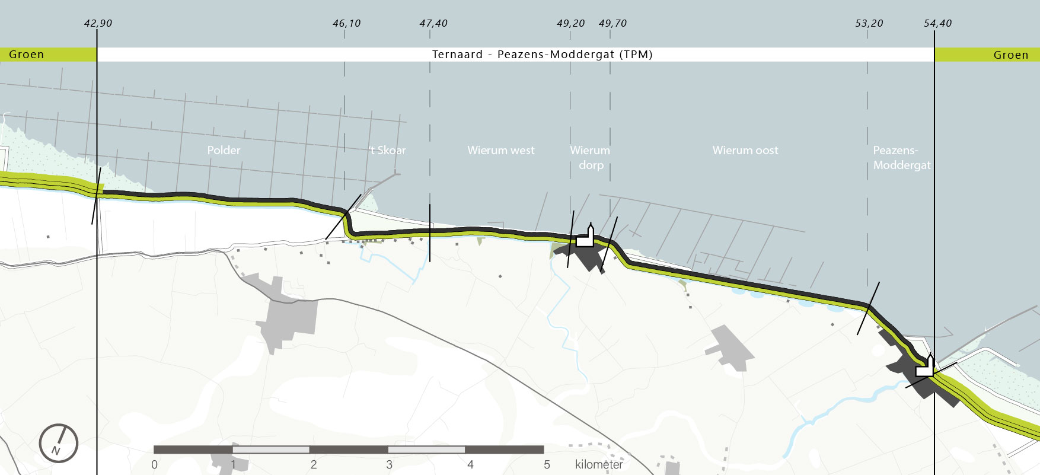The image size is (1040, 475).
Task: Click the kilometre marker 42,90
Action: pos(98,24)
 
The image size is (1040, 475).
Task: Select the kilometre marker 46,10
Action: pos(346,24)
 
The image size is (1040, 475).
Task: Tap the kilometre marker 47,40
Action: pos(433,24)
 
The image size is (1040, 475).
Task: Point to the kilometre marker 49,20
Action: pos(570,24)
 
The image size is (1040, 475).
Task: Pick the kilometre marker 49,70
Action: pos(612,24)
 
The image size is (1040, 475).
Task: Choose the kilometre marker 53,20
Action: pos(869,24)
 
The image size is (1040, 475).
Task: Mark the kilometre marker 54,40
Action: pos(937,24)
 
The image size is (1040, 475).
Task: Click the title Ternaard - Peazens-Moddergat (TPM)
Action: pos(542,55)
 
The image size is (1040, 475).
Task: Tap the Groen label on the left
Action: pos(27,55)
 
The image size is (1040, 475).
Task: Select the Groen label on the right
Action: pos(1010,55)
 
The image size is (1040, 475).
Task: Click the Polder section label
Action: pos(224,151)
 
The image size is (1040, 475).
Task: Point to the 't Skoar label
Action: pos(388,151)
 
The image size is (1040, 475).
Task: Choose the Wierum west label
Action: pos(500,151)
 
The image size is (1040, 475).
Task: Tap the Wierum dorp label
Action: pos(591,158)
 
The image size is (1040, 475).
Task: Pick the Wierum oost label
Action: pos(745,151)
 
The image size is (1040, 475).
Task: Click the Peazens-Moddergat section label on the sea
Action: pos(901,158)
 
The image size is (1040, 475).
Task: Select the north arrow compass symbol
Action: pos(59,443)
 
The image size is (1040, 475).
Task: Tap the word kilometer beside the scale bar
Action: pos(599,464)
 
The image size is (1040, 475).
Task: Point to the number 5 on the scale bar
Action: pos(547,464)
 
